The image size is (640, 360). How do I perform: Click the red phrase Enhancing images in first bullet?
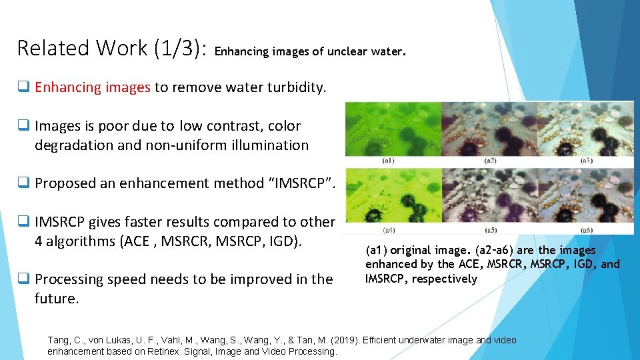click(x=93, y=87)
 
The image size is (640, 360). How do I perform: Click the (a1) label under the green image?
click(x=389, y=161)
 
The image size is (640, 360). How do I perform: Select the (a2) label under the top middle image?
click(x=490, y=161)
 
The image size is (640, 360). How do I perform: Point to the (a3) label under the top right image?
click(x=586, y=161)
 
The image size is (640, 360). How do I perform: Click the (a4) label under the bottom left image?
click(x=389, y=230)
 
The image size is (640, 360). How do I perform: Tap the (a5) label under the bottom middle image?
click(x=490, y=230)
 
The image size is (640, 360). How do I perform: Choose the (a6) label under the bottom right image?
click(x=586, y=230)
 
